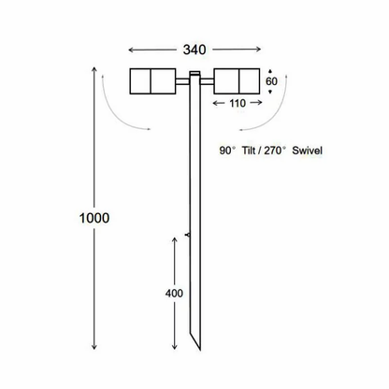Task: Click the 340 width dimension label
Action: click(x=194, y=48)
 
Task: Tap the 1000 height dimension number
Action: click(x=94, y=218)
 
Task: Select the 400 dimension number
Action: click(x=174, y=294)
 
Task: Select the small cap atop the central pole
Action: click(x=194, y=75)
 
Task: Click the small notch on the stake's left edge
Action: click(x=188, y=232)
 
